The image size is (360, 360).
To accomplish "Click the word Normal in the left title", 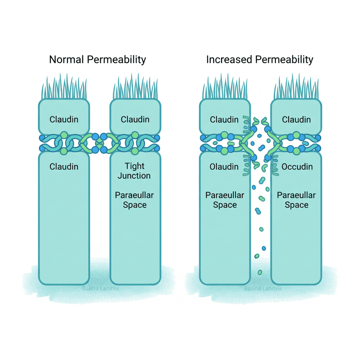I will pyautogui.click(x=67, y=59).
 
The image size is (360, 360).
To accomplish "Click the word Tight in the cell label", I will pyautogui.click(x=135, y=166).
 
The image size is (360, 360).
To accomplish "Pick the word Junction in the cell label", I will pyautogui.click(x=135, y=175).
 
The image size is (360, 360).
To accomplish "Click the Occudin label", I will pyautogui.click(x=297, y=166).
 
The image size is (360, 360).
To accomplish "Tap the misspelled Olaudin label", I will pyautogui.click(x=224, y=166).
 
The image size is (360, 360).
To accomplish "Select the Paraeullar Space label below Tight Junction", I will pyautogui.click(x=135, y=200).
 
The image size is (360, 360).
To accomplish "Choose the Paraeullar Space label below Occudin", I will pyautogui.click(x=296, y=200).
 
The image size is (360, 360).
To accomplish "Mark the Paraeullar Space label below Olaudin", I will pyautogui.click(x=225, y=200).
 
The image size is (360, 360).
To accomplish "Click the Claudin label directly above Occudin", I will pyautogui.click(x=296, y=120).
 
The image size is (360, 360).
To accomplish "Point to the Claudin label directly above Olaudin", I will pyautogui.click(x=224, y=120).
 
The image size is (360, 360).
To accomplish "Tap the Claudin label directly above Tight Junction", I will pyautogui.click(x=135, y=120).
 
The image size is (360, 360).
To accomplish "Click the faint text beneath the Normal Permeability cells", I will pyautogui.click(x=100, y=289).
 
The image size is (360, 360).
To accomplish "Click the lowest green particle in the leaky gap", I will pyautogui.click(x=260, y=272).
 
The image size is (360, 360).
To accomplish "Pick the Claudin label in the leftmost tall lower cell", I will pyautogui.click(x=64, y=166).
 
